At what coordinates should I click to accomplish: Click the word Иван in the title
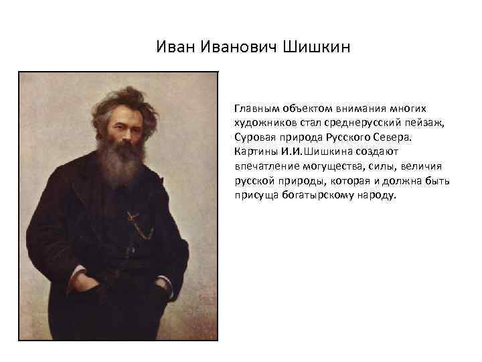click(x=176, y=48)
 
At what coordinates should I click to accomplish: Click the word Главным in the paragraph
click(x=255, y=108)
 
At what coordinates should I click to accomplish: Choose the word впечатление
click(x=263, y=167)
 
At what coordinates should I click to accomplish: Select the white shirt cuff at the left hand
click(x=78, y=271)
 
